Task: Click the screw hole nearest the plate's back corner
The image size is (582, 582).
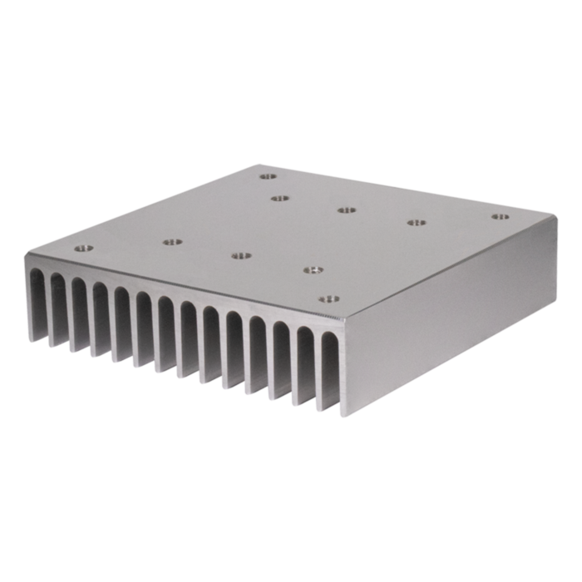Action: pyautogui.click(x=266, y=176)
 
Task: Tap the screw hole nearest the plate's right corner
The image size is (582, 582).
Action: pyautogui.click(x=499, y=217)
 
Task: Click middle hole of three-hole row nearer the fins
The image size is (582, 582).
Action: pyautogui.click(x=241, y=255)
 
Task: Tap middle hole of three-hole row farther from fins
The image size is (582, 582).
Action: pyautogui.click(x=346, y=209)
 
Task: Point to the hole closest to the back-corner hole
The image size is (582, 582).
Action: pyautogui.click(x=279, y=199)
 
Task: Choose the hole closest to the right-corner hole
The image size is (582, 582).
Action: pyautogui.click(x=414, y=222)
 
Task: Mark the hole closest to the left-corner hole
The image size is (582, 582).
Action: pyautogui.click(x=172, y=242)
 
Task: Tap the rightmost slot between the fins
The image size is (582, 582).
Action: pyautogui.click(x=327, y=366)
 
